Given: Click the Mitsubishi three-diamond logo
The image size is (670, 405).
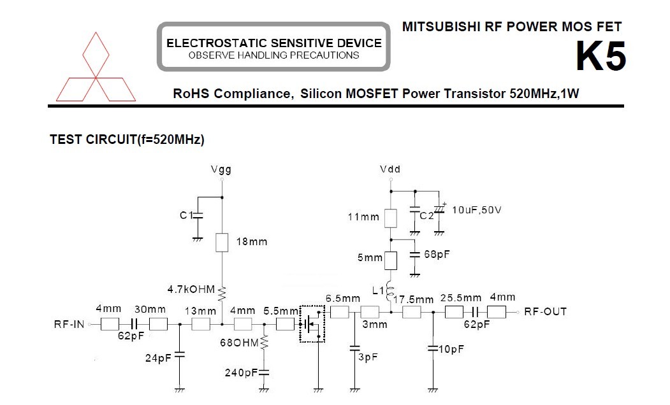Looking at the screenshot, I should click(96, 66).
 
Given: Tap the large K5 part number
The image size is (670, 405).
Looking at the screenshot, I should click(601, 57).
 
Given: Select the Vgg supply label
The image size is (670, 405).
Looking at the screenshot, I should click(221, 170).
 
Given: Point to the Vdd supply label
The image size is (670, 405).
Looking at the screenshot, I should click(390, 170).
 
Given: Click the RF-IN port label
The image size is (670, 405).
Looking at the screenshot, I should click(69, 325).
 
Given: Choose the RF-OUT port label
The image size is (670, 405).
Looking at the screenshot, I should click(545, 312).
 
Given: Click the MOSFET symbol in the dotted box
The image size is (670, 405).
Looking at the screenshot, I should click(312, 323).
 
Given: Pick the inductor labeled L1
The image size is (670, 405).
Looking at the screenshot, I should click(390, 294).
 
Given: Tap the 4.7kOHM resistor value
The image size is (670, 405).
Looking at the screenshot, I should click(191, 289).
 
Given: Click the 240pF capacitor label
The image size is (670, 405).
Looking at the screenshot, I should click(243, 373).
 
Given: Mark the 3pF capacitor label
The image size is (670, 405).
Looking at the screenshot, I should click(368, 357).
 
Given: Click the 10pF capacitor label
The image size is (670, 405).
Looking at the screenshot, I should click(451, 349).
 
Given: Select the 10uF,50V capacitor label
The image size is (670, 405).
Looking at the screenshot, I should click(476, 210).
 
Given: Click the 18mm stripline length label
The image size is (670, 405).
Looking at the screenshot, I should click(251, 242).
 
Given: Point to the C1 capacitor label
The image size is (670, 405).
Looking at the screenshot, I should click(186, 216).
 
